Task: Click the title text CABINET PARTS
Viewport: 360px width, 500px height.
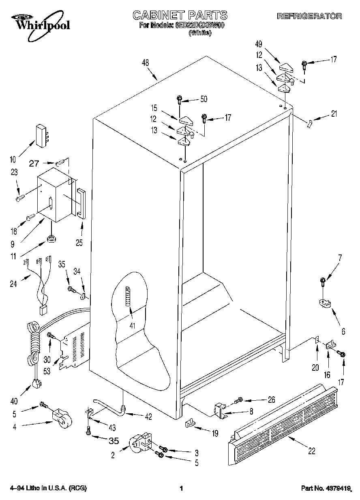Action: pos(180,15)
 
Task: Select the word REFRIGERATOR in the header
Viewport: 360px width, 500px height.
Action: pos(309,16)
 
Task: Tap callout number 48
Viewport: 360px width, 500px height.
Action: pos(145,63)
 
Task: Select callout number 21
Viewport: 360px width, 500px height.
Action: pos(334,114)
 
